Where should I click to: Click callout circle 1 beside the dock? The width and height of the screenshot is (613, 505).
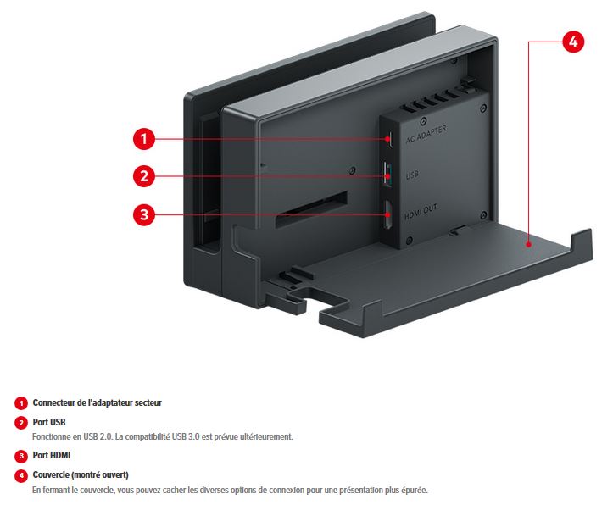click(144, 139)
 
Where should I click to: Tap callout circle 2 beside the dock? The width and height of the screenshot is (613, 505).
click(144, 176)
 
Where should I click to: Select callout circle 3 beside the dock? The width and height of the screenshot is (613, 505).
click(144, 214)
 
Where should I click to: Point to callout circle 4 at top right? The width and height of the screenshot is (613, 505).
click(573, 42)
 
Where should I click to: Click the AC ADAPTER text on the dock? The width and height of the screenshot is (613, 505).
click(426, 135)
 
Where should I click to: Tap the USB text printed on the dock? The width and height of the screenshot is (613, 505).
click(412, 175)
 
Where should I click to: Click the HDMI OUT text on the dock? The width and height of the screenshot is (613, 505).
click(421, 211)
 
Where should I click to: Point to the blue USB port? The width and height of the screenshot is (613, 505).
click(387, 175)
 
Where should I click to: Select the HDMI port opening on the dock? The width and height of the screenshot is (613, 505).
click(387, 214)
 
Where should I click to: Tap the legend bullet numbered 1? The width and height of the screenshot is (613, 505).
click(21, 403)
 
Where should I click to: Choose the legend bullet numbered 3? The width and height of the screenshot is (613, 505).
click(21, 456)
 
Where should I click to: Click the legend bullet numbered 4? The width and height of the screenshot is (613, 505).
click(21, 475)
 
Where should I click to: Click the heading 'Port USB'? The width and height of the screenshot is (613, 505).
click(49, 422)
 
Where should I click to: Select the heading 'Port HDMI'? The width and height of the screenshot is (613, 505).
click(52, 455)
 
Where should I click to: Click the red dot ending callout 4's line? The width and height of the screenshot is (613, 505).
click(528, 245)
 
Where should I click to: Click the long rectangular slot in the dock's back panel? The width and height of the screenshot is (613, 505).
click(311, 210)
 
